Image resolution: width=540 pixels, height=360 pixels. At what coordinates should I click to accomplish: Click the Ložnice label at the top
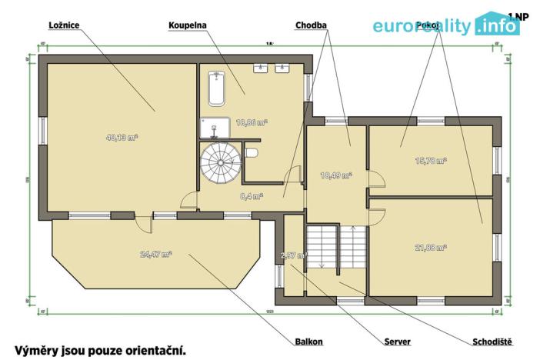coord(63,25)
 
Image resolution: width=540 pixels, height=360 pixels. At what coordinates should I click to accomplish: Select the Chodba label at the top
coord(312,25)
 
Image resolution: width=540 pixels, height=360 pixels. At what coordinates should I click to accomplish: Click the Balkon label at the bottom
coord(308,341)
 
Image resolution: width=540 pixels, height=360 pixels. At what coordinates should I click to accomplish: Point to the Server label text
coord(397,341)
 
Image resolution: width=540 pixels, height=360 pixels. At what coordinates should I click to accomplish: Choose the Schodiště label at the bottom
coord(492,341)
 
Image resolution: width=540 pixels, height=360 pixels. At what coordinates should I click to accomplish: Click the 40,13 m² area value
coord(121,138)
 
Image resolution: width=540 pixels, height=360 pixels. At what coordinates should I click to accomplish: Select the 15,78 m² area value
coord(431,161)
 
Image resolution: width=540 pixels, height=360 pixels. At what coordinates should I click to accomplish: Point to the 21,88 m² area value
coord(431,247)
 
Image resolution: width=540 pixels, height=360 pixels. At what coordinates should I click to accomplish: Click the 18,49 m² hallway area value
coord(335,175)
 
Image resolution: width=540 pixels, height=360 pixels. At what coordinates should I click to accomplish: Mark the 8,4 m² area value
coord(252,196)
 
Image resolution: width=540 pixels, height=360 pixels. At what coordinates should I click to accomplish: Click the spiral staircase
coord(220,163)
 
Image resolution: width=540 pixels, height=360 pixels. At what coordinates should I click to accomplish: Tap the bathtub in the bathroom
coord(215,88)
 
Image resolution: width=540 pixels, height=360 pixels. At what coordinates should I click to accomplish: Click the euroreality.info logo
coord(446,26)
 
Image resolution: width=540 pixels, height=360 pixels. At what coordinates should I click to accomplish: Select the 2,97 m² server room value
coord(293,255)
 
